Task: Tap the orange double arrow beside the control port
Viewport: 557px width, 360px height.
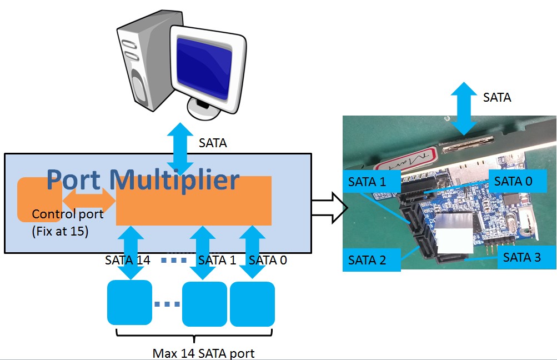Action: [88, 198]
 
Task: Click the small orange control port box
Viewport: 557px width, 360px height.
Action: [39, 199]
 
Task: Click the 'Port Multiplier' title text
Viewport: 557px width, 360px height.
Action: [143, 179]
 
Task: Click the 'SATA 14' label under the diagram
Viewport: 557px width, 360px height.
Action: [127, 260]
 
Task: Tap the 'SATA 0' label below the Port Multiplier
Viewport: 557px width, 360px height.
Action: [268, 260]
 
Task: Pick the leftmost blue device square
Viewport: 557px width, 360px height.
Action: [129, 303]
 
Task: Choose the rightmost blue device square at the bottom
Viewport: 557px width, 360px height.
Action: [252, 304]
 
